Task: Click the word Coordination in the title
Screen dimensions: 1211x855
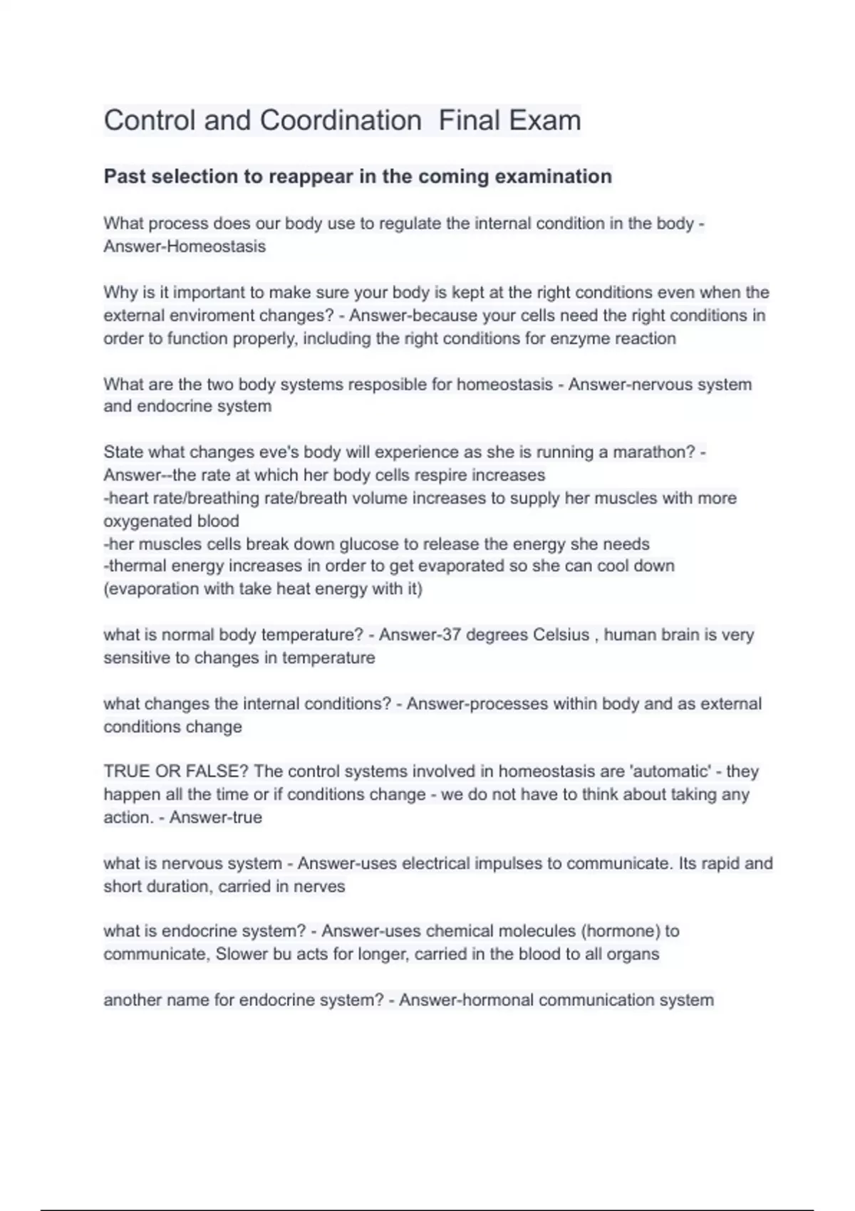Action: coord(341,120)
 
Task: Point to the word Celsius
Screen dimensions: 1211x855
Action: coord(561,635)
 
